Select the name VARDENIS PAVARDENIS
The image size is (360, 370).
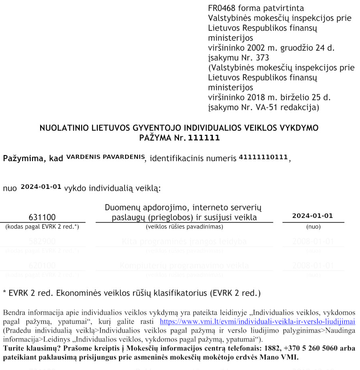click(x=105, y=157)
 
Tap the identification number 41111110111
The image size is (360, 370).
click(x=263, y=157)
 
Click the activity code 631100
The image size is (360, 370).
click(x=42, y=217)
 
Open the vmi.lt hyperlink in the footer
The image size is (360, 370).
click(x=257, y=322)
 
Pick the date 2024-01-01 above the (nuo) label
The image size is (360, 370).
click(x=313, y=216)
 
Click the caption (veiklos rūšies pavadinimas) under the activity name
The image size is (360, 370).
click(x=184, y=227)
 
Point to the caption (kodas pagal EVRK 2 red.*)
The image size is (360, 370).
click(x=42, y=227)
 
